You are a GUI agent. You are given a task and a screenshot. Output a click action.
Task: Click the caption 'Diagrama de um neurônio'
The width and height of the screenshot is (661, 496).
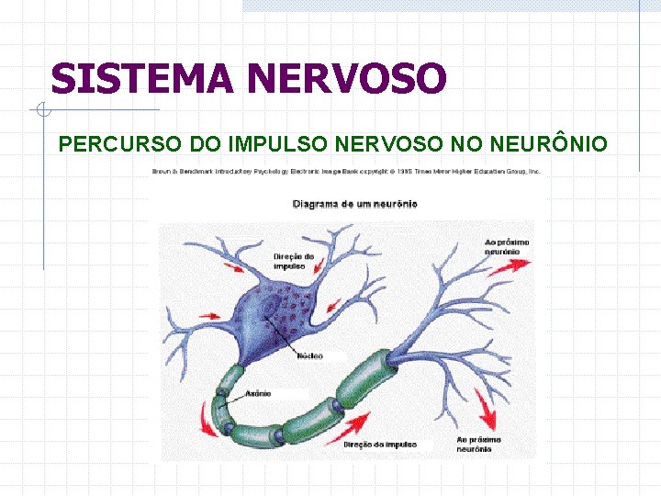click(354, 204)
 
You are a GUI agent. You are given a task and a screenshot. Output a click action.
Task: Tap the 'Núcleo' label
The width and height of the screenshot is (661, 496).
click(310, 356)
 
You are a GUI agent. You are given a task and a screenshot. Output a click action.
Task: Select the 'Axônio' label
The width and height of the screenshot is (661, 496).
click(258, 394)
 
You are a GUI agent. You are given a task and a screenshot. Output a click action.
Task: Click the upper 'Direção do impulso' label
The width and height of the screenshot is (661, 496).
click(293, 260)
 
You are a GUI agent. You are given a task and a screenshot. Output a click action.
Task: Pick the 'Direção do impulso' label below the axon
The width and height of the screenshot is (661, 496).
click(380, 445)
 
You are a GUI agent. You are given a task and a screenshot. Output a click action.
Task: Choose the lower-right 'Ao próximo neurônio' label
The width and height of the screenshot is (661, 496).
click(478, 445)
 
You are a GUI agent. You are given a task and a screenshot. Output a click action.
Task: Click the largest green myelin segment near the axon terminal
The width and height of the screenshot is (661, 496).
click(368, 377)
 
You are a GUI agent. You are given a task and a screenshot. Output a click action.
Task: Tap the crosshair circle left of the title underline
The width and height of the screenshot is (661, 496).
click(42, 111)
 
